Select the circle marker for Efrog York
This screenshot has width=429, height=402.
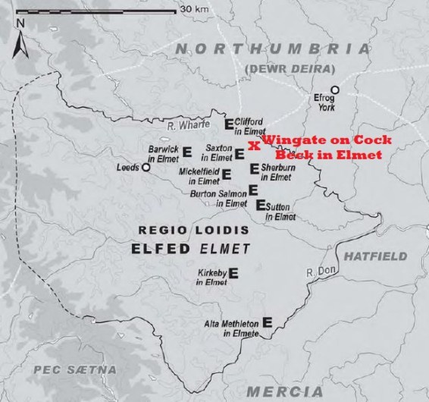(x=334, y=90)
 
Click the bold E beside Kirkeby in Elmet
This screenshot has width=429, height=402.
(x=234, y=273)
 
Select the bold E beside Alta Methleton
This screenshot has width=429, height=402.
(x=267, y=322)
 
